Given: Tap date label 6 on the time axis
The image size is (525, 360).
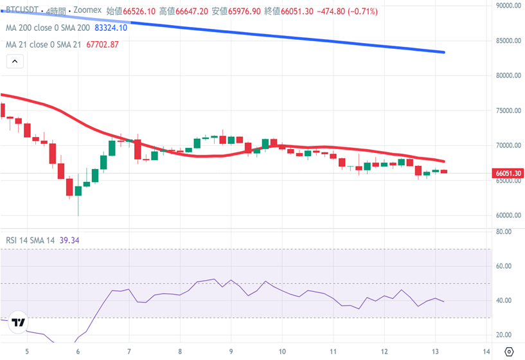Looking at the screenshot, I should [x=77, y=352].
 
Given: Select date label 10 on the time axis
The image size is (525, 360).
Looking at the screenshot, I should [x=282, y=352].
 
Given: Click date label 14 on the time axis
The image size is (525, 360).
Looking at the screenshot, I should [x=486, y=352].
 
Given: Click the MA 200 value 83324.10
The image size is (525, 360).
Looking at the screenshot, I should [x=111, y=28].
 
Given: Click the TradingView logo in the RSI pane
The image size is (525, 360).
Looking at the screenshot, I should [x=19, y=323].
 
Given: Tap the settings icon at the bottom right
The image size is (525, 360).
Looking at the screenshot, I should [x=509, y=352].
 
